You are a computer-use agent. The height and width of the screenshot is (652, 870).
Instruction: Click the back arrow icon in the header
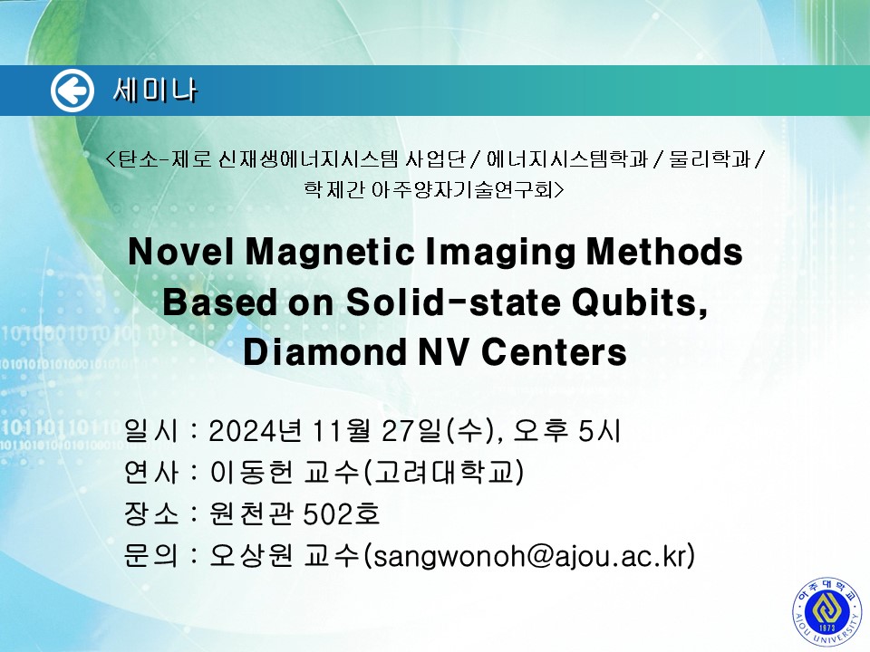tap(72, 91)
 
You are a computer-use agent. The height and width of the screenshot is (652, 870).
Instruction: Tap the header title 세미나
tap(155, 91)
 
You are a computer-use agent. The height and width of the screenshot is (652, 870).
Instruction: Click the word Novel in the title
tap(181, 252)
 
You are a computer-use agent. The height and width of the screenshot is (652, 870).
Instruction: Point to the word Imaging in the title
tap(500, 253)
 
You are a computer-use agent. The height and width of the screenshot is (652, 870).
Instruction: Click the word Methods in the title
tap(664, 252)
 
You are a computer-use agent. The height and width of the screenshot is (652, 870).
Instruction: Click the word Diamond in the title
tap(324, 352)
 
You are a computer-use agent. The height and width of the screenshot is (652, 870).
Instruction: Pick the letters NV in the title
tap(443, 352)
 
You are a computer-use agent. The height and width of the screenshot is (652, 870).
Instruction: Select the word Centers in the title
tap(554, 352)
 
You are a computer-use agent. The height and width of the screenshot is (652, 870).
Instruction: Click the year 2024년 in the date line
tap(256, 431)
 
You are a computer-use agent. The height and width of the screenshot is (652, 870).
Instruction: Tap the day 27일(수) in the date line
tap(439, 431)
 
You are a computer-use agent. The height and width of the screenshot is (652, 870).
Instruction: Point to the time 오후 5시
tap(566, 431)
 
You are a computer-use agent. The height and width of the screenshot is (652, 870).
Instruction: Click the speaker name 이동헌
tap(251, 473)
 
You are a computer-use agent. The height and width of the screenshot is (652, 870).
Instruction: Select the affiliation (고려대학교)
tap(443, 473)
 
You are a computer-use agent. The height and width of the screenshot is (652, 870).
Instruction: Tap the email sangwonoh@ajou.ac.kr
tap(534, 556)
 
